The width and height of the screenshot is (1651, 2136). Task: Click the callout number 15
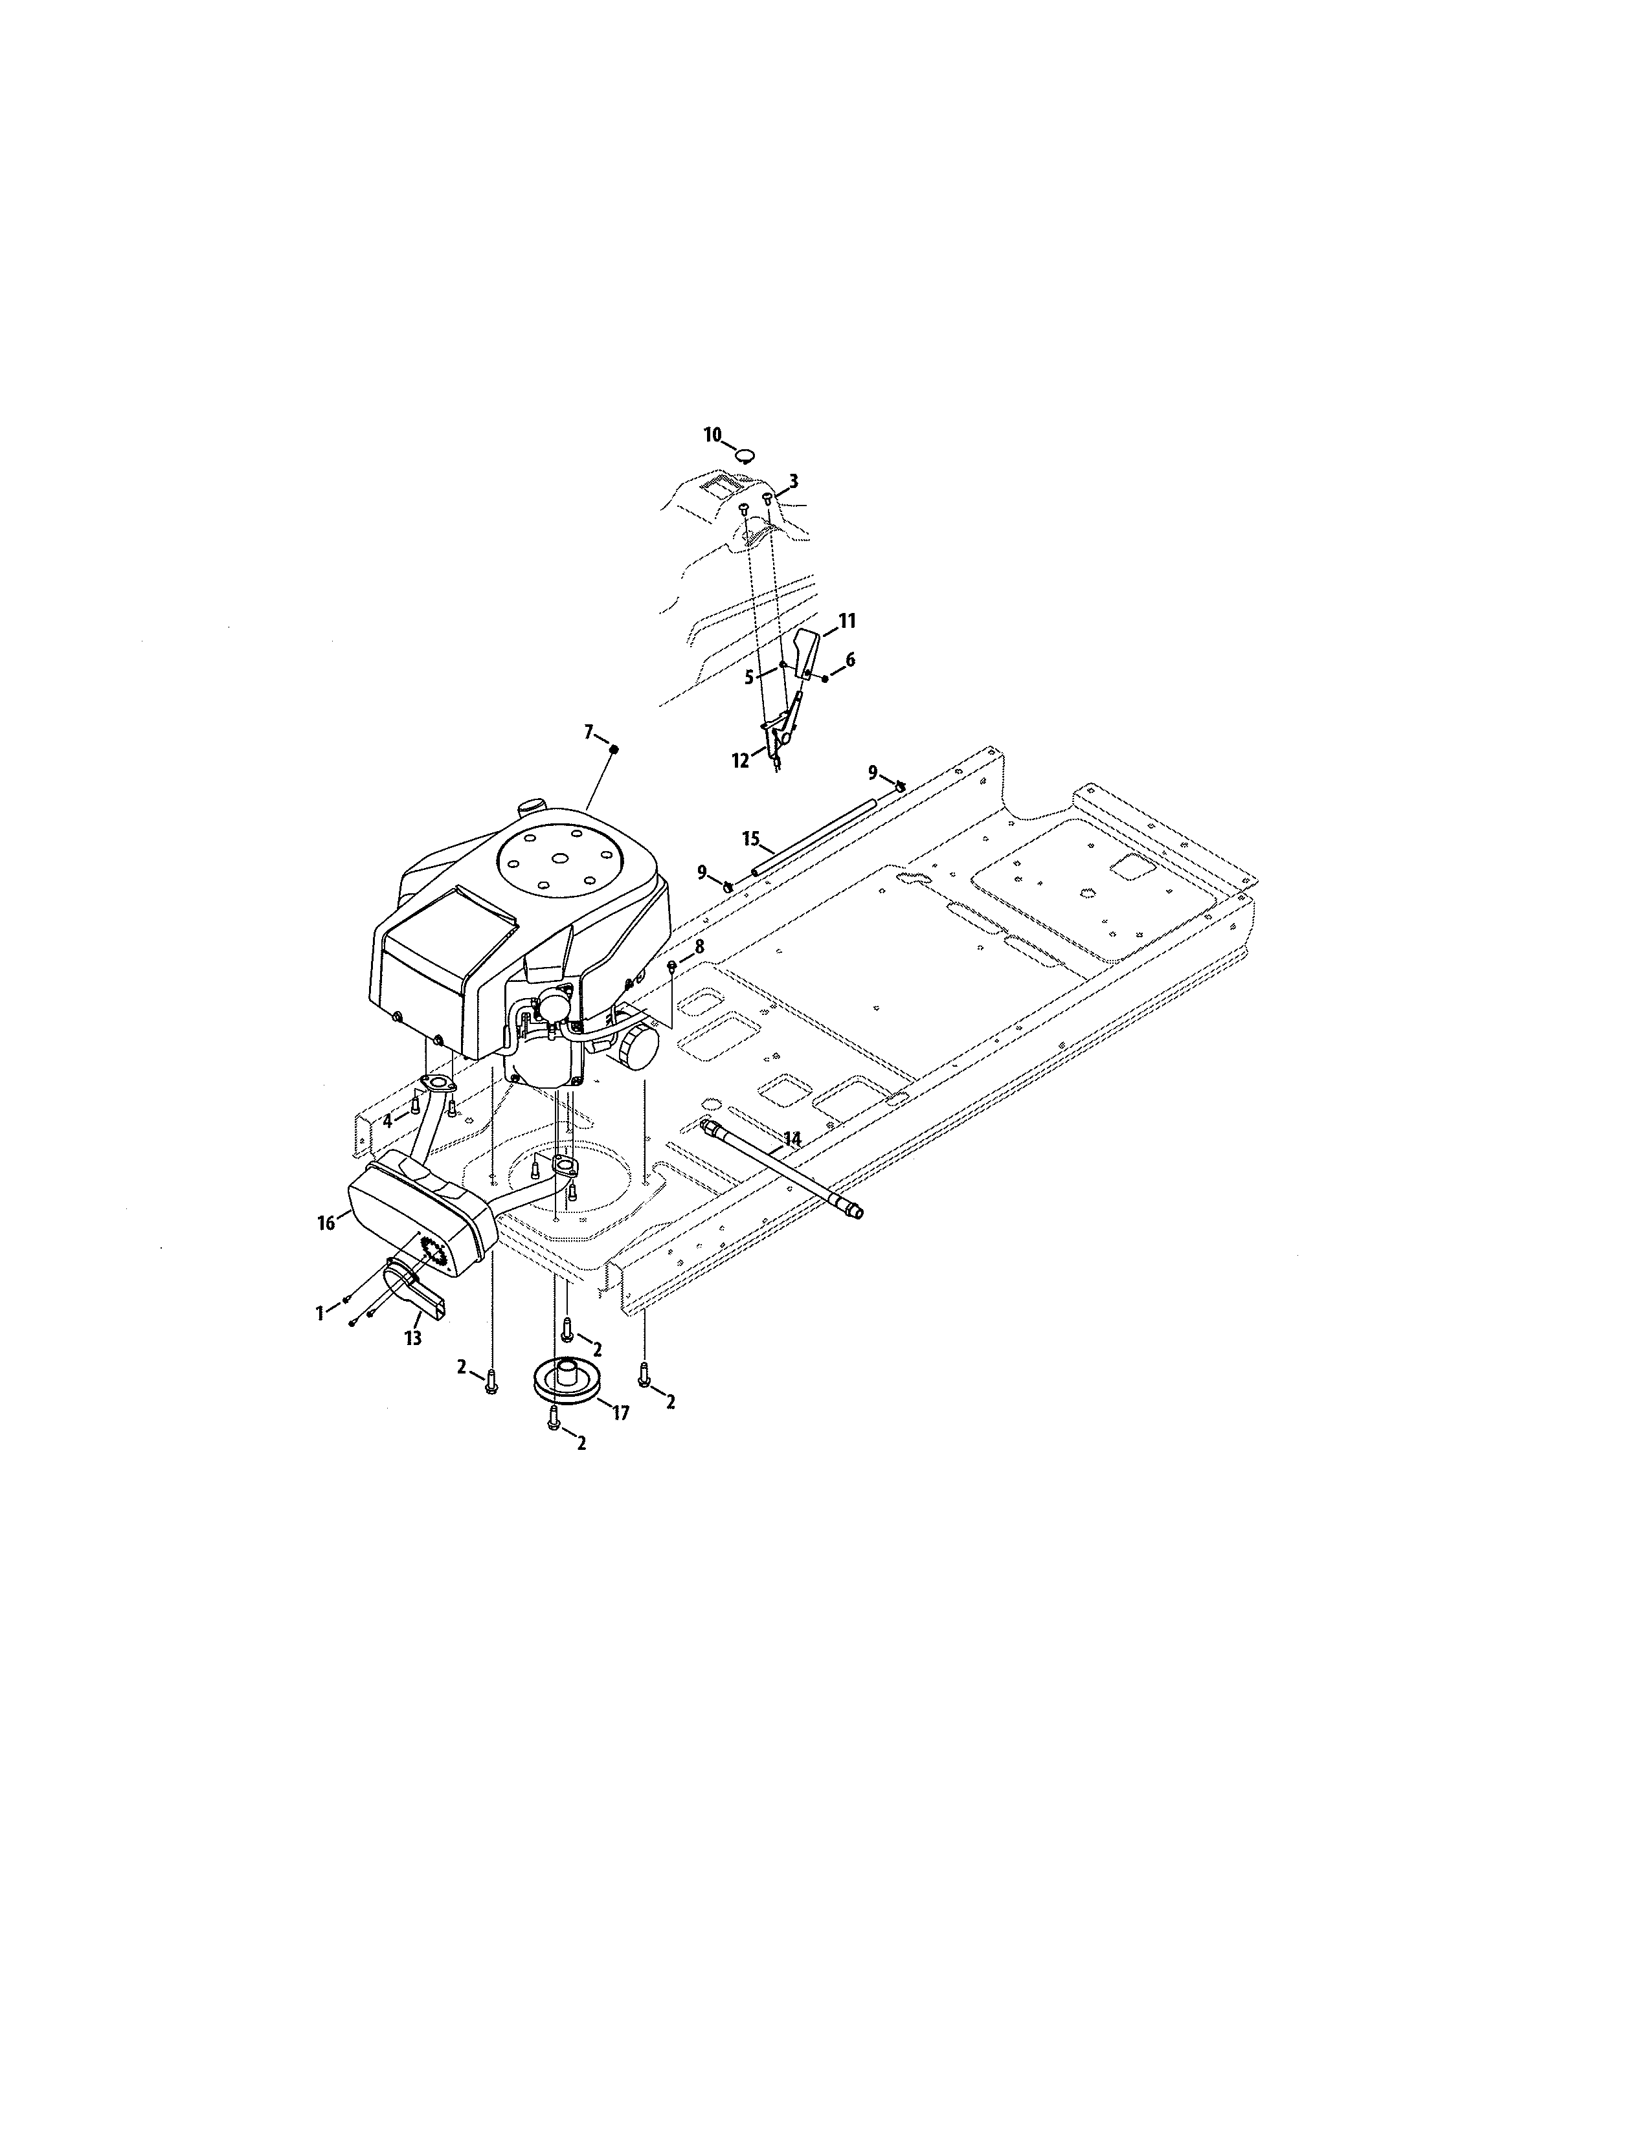coord(751,838)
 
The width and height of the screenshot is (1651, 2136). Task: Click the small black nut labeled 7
coord(614,749)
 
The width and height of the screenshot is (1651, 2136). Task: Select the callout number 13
coord(413,1338)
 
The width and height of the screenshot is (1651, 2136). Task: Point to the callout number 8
coord(699,947)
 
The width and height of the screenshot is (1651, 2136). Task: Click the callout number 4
coord(387,1121)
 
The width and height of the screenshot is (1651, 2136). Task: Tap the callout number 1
coord(320,1313)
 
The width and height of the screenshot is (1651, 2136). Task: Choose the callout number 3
coord(793,481)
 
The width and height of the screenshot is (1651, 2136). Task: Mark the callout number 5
coord(749,676)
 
